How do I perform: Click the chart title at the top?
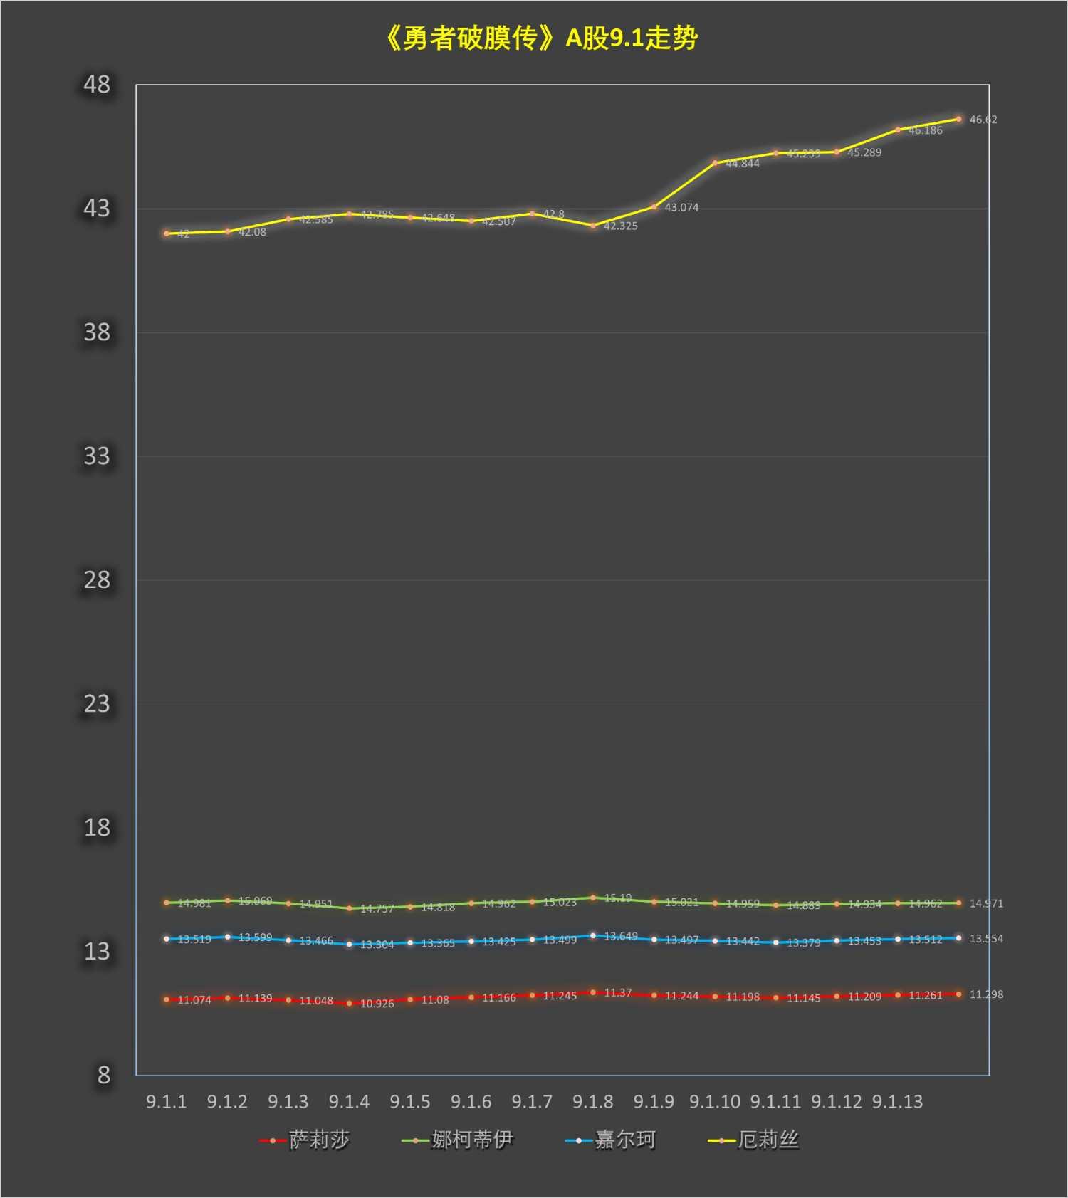click(541, 38)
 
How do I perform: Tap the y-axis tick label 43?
click(97, 209)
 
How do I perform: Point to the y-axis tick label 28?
click(97, 580)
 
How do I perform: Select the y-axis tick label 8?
click(103, 1075)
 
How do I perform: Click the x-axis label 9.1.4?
click(349, 1102)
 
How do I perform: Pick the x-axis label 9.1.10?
click(715, 1102)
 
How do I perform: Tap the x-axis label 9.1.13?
click(897, 1102)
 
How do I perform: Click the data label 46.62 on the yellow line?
click(983, 120)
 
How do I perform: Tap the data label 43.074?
click(681, 208)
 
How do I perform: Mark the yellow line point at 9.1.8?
click(593, 226)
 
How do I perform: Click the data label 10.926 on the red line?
click(377, 1004)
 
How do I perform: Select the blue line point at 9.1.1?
click(167, 939)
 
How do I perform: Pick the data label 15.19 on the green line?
click(617, 898)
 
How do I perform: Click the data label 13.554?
click(986, 939)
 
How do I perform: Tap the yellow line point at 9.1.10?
click(715, 163)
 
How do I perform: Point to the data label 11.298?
click(986, 994)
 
